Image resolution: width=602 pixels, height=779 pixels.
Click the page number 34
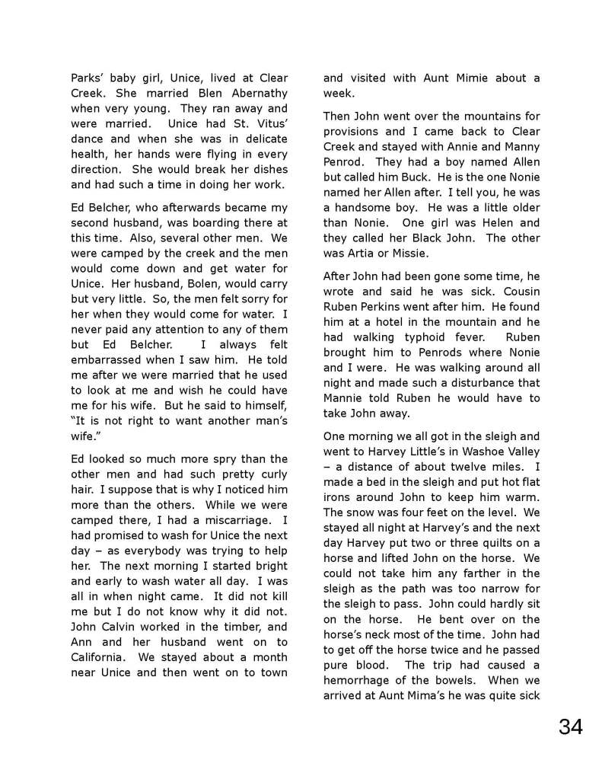tap(570, 726)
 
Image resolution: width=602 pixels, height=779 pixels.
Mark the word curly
tap(270, 474)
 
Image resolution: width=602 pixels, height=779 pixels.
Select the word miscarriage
tap(240, 519)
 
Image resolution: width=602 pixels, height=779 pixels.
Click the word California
tap(103, 656)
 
